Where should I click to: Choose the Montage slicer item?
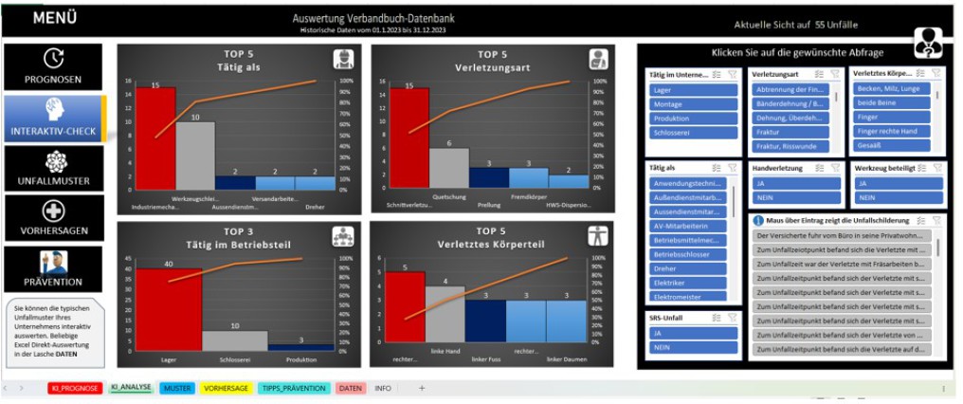click(693, 104)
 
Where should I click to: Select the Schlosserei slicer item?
click(693, 133)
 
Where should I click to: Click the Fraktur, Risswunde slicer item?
click(792, 147)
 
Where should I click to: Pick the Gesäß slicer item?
click(888, 147)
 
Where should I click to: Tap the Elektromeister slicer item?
click(688, 297)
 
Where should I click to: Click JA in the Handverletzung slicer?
click(792, 183)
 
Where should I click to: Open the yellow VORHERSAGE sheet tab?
click(225, 389)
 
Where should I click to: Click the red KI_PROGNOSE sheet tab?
click(74, 389)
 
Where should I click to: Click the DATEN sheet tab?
click(351, 389)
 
